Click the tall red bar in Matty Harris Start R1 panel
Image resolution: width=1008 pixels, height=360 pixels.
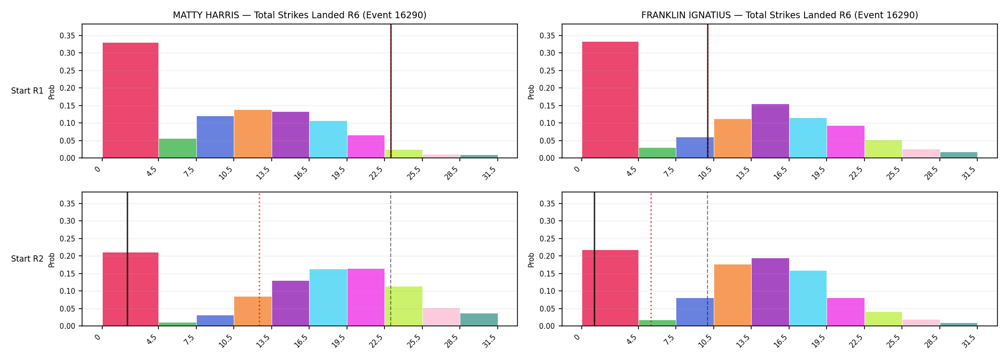(x=131, y=100)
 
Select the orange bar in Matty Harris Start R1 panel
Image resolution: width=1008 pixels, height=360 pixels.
(x=253, y=134)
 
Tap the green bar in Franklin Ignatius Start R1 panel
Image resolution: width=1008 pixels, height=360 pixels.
(x=657, y=153)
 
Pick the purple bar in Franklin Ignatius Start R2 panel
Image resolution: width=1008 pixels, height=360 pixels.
(x=770, y=292)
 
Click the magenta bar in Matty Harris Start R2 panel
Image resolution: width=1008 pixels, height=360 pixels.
(x=366, y=297)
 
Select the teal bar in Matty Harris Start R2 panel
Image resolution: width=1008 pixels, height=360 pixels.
(x=479, y=320)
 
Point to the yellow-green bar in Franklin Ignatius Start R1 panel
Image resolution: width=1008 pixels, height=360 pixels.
(x=883, y=149)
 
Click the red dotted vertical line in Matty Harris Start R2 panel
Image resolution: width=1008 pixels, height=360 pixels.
(x=259, y=259)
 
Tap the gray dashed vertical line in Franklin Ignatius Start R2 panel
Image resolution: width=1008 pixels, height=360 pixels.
(x=708, y=259)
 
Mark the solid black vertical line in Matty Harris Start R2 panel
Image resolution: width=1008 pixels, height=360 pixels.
(x=127, y=259)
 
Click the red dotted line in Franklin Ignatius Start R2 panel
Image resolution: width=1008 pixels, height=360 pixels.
(x=651, y=259)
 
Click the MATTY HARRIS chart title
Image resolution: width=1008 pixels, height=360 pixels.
(x=300, y=15)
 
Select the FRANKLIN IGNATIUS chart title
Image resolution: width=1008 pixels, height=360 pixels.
(x=780, y=15)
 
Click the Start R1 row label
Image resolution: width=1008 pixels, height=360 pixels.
(x=27, y=91)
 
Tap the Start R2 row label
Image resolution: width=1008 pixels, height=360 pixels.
(x=27, y=259)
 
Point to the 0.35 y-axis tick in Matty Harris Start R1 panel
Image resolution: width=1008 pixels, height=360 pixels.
(x=67, y=36)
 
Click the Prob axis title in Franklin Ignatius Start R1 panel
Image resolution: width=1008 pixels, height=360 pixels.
(x=531, y=92)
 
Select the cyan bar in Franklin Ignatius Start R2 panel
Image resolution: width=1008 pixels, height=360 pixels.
(x=808, y=298)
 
